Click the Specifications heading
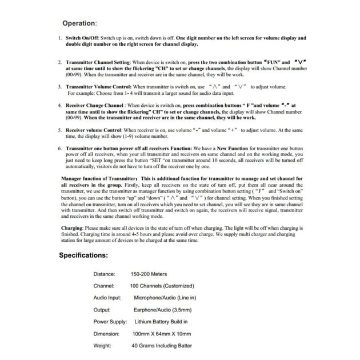[83, 255]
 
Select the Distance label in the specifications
[104, 274]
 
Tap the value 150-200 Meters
[149, 274]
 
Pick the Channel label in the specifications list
[104, 286]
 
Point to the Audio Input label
[107, 298]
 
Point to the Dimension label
[106, 334]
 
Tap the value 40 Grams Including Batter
[161, 346]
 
